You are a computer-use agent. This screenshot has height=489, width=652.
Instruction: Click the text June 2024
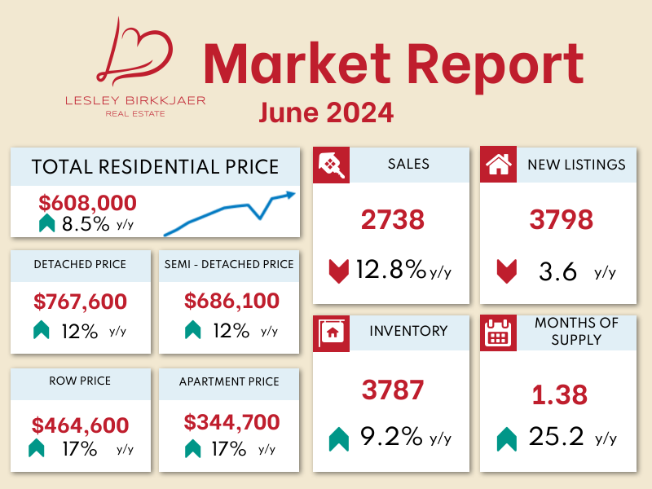(326, 112)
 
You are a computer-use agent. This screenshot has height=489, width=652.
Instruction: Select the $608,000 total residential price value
(87, 203)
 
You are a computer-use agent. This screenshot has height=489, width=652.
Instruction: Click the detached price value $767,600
(81, 302)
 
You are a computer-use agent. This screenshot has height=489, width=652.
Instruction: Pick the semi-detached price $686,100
(231, 302)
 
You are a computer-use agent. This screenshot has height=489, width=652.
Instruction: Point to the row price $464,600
(81, 425)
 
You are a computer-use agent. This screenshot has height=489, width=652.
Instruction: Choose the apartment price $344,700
(231, 422)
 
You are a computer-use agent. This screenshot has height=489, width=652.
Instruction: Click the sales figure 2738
(393, 219)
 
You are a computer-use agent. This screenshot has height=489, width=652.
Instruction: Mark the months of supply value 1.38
(559, 395)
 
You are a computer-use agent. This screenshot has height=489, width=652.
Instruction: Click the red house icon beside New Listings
(497, 165)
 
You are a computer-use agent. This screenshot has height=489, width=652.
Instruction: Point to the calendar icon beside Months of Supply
(497, 333)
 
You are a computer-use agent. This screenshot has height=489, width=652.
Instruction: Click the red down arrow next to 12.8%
(338, 270)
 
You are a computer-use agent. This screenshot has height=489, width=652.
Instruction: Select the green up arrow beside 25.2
(506, 439)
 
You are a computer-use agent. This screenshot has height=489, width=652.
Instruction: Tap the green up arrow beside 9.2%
(338, 439)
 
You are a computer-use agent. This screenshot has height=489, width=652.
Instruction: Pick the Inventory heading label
(408, 331)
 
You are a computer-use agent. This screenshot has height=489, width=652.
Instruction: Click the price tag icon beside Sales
(331, 165)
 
